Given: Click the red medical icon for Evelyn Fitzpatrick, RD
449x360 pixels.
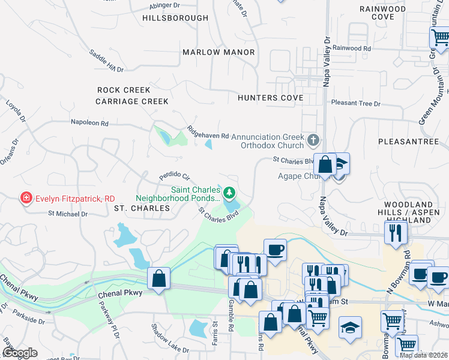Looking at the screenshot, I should [x=26, y=198].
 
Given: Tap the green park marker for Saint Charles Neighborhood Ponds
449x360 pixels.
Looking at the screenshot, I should [x=229, y=193].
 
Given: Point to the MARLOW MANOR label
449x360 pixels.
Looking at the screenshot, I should [x=218, y=52].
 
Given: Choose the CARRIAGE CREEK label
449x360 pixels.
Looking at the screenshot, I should [x=132, y=101].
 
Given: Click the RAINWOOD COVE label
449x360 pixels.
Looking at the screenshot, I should [x=382, y=13].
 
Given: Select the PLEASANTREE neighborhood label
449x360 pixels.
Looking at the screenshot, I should [x=409, y=141].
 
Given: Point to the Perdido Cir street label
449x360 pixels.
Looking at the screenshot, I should [x=174, y=176].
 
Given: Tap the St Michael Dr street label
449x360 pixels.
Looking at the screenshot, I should [x=68, y=213].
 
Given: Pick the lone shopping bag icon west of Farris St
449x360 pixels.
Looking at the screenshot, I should [x=158, y=278].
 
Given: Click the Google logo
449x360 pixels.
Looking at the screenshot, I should [x=20, y=353].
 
